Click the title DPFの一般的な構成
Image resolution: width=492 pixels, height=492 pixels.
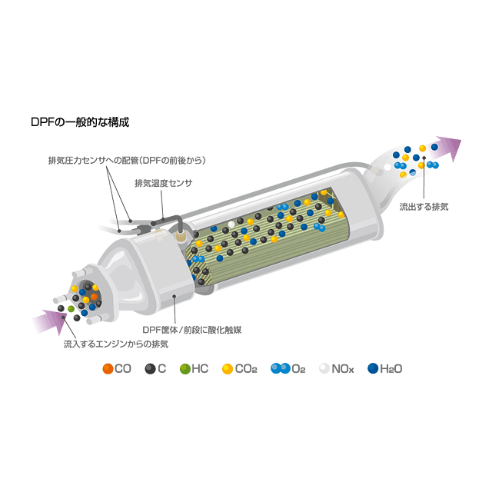click(80, 122)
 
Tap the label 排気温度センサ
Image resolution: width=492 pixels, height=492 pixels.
click(163, 183)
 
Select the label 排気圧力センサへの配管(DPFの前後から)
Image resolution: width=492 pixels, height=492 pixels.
click(128, 160)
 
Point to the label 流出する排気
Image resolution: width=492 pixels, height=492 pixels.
click(424, 207)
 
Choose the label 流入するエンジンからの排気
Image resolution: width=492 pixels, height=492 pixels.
click(116, 343)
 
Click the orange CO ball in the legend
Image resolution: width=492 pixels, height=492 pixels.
click(108, 369)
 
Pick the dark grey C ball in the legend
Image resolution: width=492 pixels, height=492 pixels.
click(151, 369)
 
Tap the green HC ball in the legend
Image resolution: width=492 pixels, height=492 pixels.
click(184, 369)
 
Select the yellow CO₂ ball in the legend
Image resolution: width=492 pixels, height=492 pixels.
click(227, 369)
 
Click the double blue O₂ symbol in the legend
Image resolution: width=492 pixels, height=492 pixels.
click(281, 369)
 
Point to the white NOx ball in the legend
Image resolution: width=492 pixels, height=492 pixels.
click(324, 369)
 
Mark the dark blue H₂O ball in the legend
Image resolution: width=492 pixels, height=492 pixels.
click(374, 369)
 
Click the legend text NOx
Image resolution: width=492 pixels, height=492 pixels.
click(343, 369)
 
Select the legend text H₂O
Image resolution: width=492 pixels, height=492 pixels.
click(391, 369)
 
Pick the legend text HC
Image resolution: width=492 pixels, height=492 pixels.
click(200, 369)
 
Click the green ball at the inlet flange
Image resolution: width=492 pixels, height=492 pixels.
click(71, 309)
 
